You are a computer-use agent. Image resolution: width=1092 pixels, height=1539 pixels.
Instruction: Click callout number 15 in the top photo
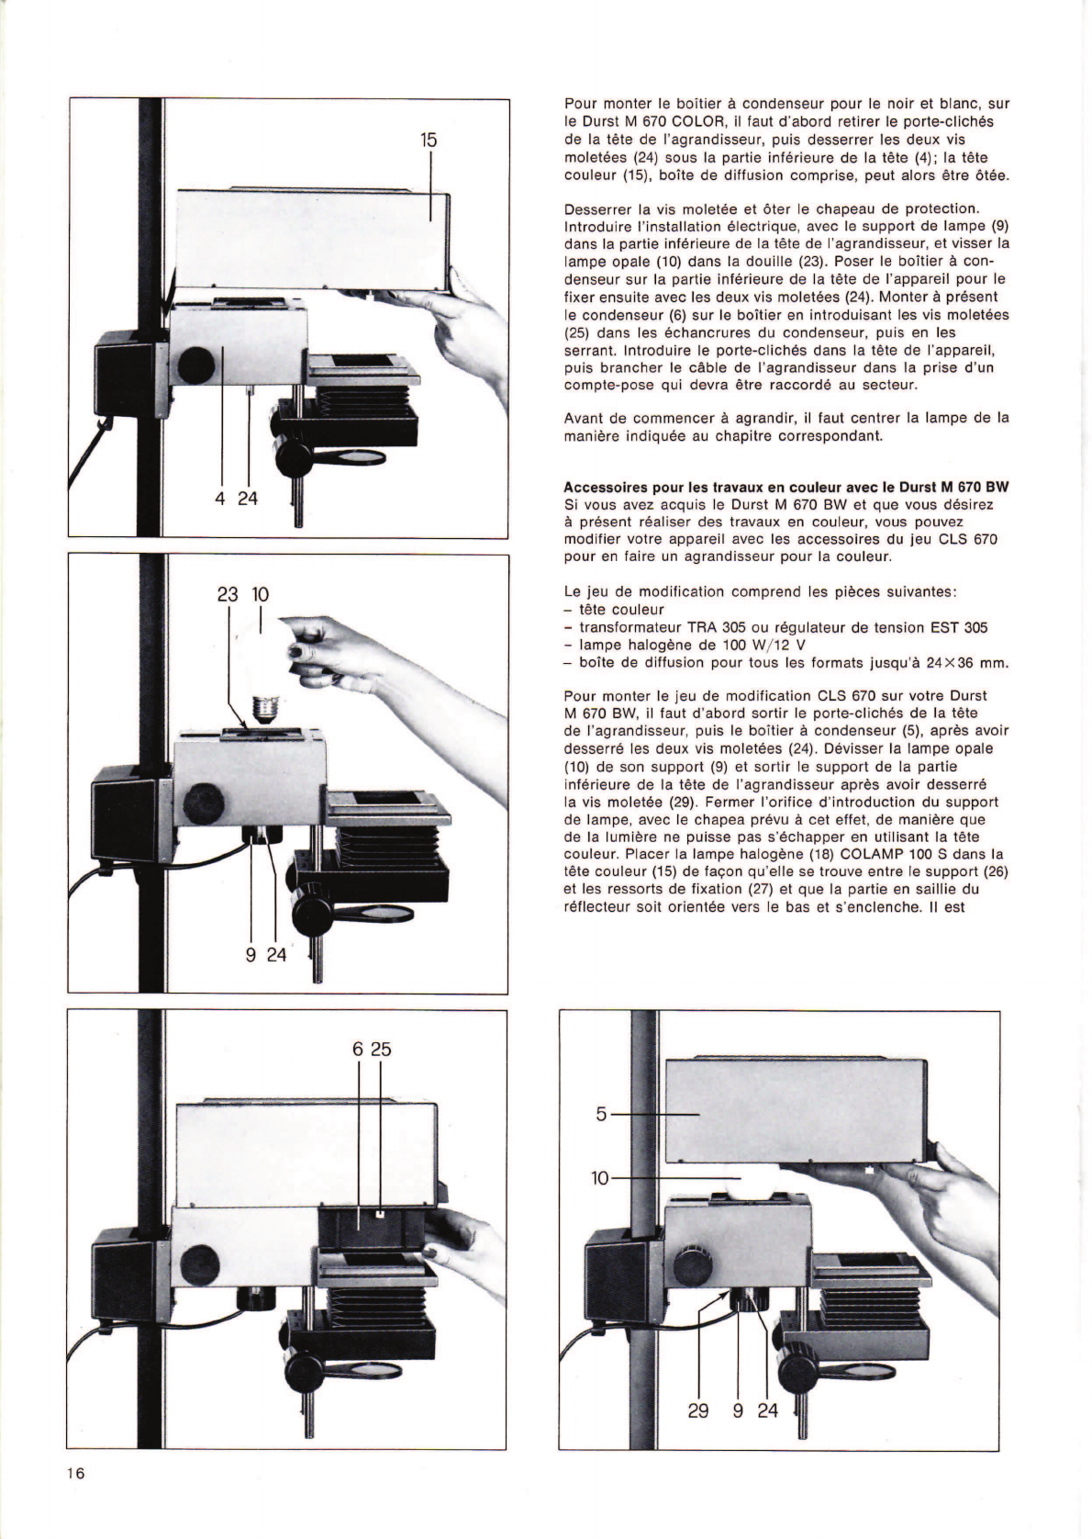tap(429, 140)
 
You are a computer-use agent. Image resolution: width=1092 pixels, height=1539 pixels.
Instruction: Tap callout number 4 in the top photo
tap(221, 499)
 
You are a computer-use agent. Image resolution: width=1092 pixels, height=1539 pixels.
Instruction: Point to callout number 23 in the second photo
tap(227, 594)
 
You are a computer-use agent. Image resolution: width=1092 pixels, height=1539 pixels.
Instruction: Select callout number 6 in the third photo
tap(358, 1049)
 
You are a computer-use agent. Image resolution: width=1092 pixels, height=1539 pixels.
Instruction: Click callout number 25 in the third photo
tap(382, 1049)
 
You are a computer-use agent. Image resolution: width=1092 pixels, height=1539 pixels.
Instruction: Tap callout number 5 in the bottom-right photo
tap(601, 1114)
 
